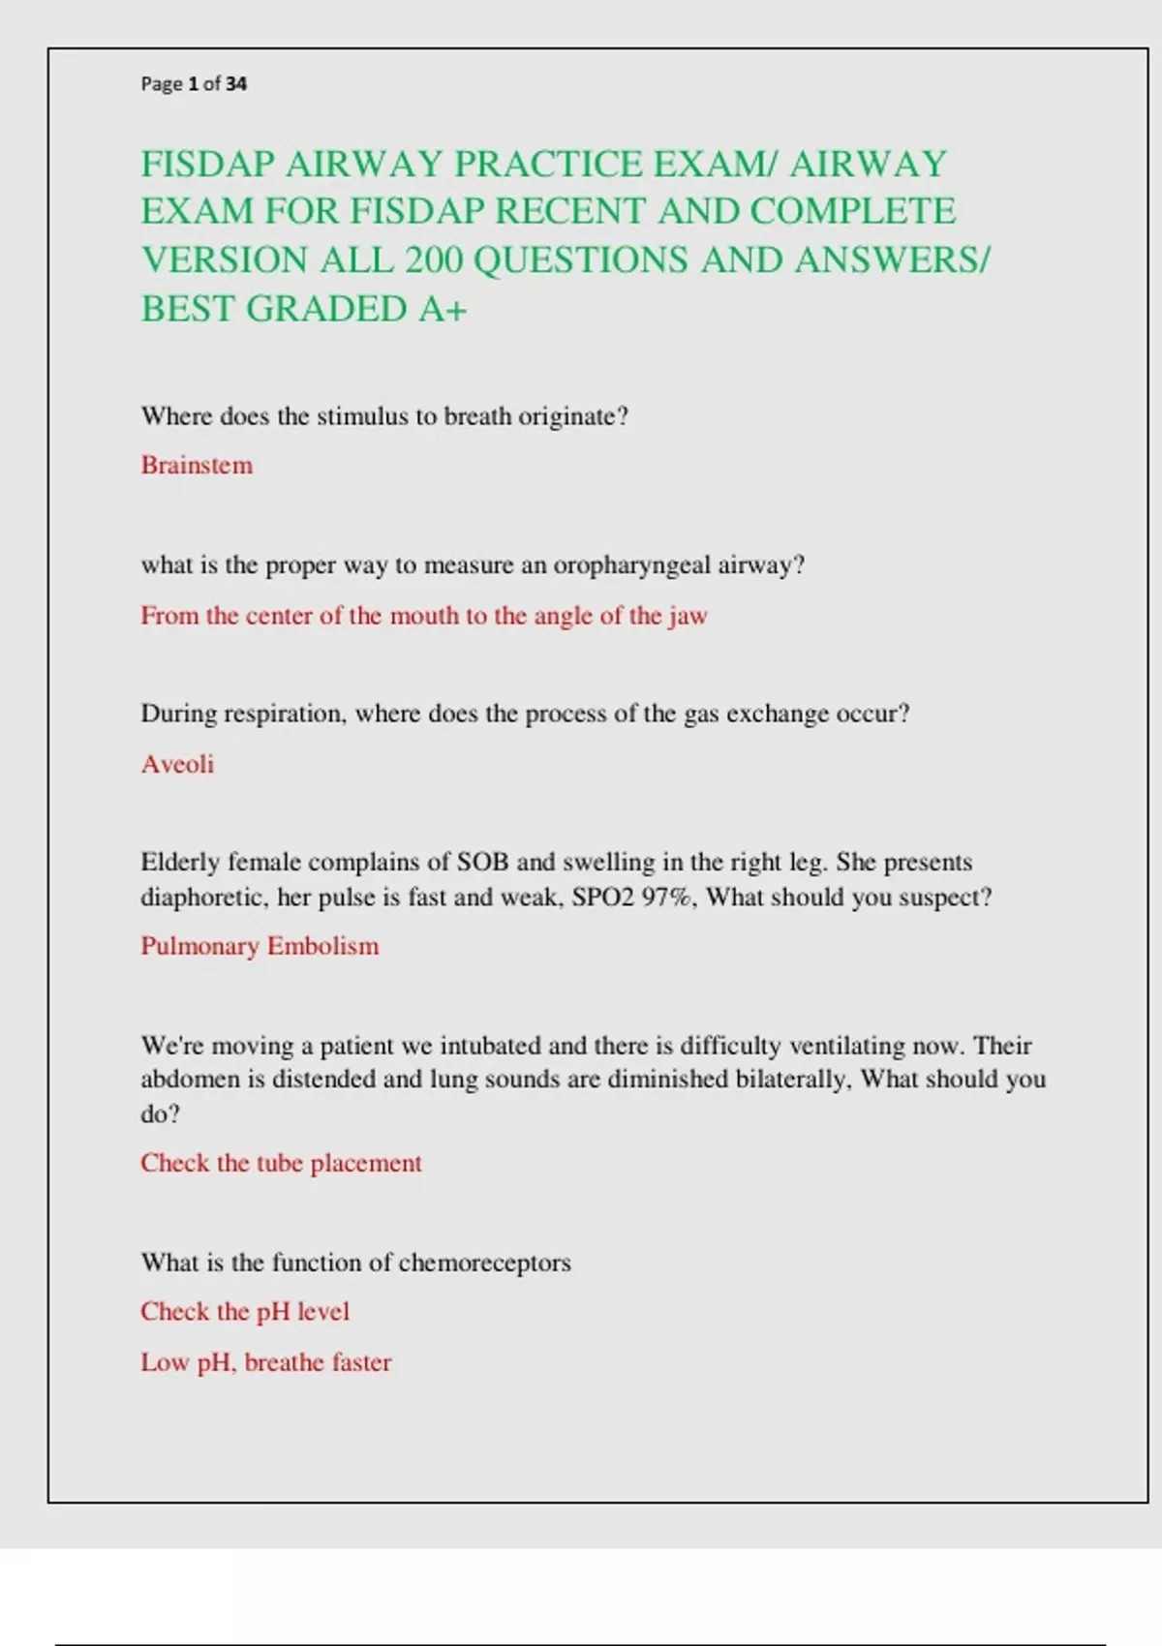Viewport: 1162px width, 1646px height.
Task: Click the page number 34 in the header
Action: pyautogui.click(x=236, y=84)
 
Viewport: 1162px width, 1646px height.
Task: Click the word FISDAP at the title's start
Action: pyautogui.click(x=207, y=165)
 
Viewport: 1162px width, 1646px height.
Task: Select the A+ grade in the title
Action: pyautogui.click(x=443, y=310)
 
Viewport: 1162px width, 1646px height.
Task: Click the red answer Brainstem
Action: pyautogui.click(x=197, y=466)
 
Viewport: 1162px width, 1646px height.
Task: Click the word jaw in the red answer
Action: pyautogui.click(x=688, y=617)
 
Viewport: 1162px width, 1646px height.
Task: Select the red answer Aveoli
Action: pyautogui.click(x=177, y=765)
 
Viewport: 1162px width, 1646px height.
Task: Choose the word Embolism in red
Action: pyautogui.click(x=322, y=947)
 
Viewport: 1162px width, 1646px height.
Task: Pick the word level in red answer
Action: pyautogui.click(x=322, y=1312)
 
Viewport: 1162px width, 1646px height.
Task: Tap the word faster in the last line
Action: pyautogui.click(x=361, y=1363)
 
